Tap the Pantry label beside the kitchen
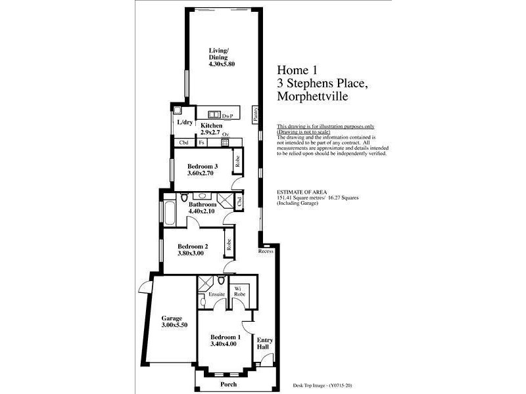click(256, 114)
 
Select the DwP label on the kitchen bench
click(228, 115)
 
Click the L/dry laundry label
click(185, 122)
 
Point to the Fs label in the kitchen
click(202, 142)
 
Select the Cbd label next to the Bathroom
click(239, 202)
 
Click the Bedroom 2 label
click(193, 247)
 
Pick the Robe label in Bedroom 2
click(229, 244)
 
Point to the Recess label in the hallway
click(266, 251)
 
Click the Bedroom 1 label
click(226, 337)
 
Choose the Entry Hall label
click(264, 343)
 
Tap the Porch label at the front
click(229, 384)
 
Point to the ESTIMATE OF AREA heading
click(300, 192)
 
